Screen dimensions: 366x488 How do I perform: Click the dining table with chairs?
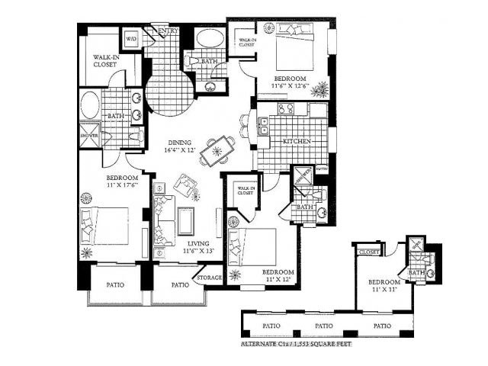click(x=218, y=150)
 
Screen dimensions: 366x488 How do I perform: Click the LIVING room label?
click(x=197, y=247)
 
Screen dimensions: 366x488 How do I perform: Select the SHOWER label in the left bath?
click(x=89, y=136)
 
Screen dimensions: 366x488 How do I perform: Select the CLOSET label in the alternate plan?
click(x=369, y=252)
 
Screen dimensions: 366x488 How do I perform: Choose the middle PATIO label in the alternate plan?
click(x=324, y=326)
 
